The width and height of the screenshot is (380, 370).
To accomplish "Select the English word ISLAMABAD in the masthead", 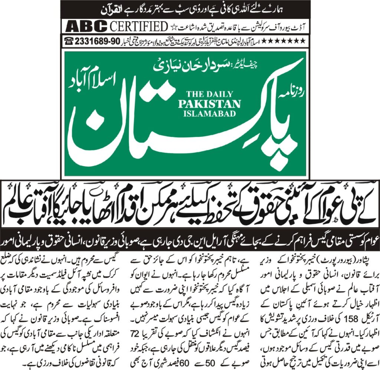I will click(209, 113).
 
